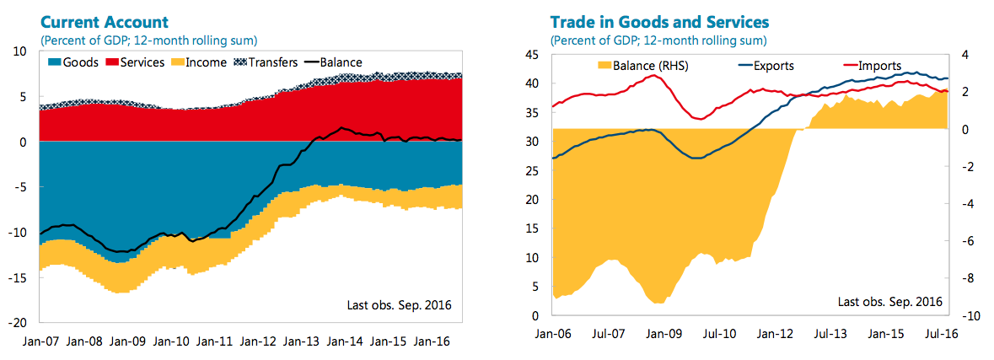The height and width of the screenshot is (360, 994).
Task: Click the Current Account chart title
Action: [104, 21]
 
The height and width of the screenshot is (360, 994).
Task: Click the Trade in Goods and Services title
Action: [660, 21]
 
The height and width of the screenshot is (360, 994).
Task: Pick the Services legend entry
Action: [134, 62]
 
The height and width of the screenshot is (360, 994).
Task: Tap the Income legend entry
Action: [196, 62]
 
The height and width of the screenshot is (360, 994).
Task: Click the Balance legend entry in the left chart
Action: [333, 62]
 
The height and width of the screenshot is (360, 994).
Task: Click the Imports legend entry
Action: [872, 66]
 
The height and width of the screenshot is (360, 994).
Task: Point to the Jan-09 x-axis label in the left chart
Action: [128, 341]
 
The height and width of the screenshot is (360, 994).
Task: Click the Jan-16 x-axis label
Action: [431, 341]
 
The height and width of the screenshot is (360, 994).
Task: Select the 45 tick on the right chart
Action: [530, 55]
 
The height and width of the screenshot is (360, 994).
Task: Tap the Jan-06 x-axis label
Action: [552, 334]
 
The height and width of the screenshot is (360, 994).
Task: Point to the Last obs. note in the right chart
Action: [889, 301]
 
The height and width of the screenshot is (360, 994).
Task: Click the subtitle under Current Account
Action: [148, 40]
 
